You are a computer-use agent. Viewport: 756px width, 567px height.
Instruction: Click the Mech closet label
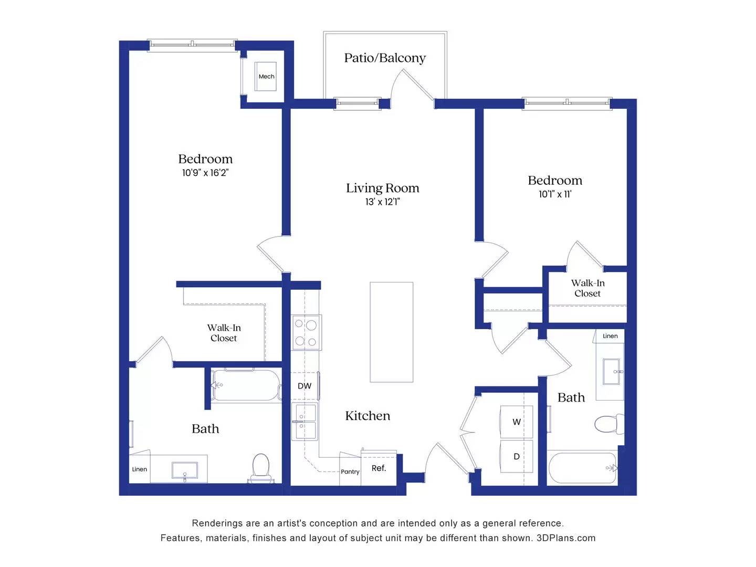click(266, 77)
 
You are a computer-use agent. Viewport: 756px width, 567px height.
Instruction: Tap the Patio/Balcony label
click(385, 58)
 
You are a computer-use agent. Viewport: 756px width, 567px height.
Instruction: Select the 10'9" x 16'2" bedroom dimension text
click(205, 173)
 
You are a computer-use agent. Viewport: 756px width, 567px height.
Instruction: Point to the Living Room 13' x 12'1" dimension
click(382, 202)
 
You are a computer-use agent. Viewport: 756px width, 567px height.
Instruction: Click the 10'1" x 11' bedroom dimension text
click(555, 194)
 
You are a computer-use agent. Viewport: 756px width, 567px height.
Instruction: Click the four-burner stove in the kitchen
click(306, 333)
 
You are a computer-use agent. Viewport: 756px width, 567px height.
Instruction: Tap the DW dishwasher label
click(304, 386)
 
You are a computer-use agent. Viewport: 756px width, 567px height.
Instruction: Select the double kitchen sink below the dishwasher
click(304, 422)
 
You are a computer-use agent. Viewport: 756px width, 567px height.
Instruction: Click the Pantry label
click(350, 471)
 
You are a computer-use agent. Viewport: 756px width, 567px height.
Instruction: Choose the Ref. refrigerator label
click(379, 468)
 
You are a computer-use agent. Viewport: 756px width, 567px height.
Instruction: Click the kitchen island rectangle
click(391, 332)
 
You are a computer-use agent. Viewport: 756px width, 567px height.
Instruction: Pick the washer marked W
click(517, 422)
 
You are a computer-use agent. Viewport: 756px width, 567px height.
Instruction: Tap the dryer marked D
click(517, 456)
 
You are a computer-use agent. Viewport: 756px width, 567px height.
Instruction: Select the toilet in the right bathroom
click(608, 424)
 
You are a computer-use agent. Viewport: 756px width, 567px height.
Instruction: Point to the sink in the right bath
click(612, 371)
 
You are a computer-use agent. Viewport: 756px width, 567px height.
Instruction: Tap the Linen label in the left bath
click(140, 469)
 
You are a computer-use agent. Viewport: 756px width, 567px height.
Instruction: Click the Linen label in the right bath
click(610, 336)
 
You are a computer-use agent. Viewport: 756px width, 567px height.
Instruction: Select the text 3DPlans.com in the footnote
click(566, 538)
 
